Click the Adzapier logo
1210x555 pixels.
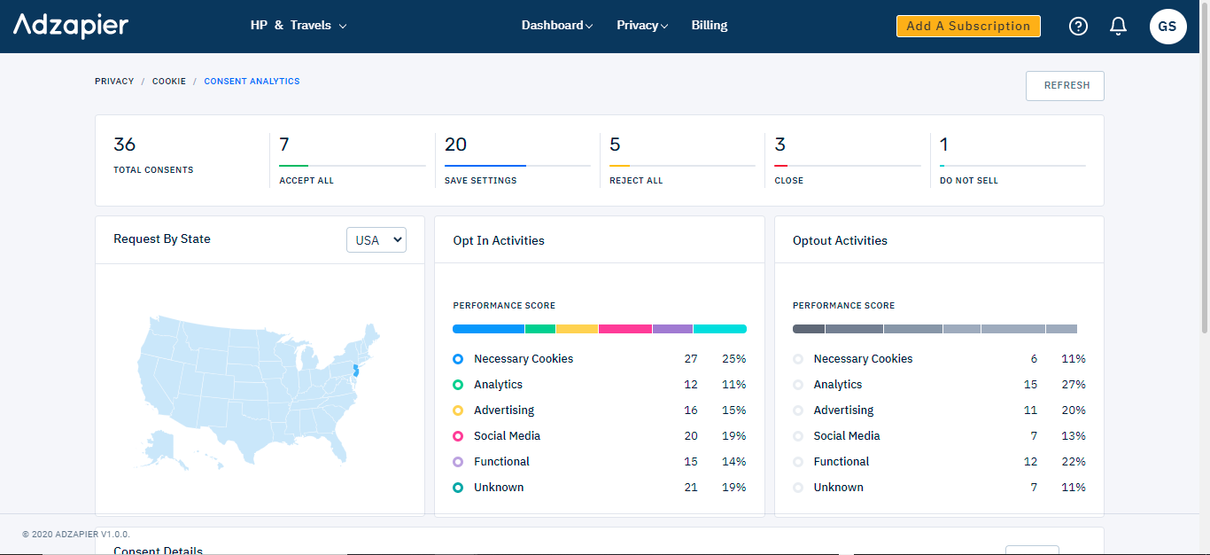pos(71,26)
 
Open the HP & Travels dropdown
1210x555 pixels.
pos(299,26)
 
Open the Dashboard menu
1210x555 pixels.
pos(556,26)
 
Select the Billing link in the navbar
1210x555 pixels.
pos(709,26)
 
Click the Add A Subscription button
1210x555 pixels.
pos(968,27)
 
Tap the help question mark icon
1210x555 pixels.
pos(1078,27)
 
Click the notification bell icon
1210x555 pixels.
pos(1118,27)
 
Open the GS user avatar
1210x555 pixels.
pos(1167,27)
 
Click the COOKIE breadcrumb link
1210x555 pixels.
pos(169,82)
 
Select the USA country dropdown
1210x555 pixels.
pos(376,240)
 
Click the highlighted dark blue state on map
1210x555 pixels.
pos(355,371)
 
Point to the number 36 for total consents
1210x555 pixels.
pos(125,145)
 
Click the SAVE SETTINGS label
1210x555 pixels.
pos(480,181)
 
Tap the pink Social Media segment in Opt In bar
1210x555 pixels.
pos(624,329)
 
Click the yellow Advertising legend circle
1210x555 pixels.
pos(458,410)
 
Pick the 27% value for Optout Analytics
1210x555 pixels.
pos(1073,385)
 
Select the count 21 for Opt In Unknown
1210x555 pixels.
pos(690,488)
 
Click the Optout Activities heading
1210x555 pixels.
pos(840,241)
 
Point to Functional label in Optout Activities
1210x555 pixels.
pos(841,462)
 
